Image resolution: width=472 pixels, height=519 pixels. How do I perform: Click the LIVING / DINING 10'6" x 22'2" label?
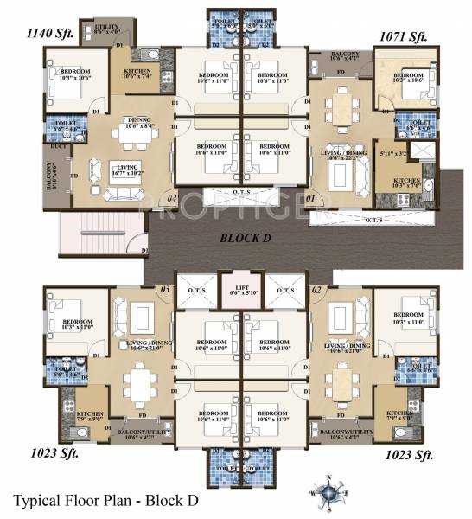tap(339, 155)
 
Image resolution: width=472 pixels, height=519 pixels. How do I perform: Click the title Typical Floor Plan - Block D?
tap(106, 500)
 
